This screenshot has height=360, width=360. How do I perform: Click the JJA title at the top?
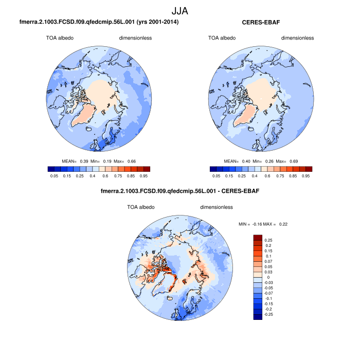[x=179, y=10]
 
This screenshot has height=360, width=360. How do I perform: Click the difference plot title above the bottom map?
[x=180, y=191]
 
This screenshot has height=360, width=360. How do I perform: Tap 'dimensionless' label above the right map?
[x=297, y=38]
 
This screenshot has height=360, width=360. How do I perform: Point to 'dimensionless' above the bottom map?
[x=217, y=207]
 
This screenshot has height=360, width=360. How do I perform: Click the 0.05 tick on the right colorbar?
[x=216, y=175]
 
